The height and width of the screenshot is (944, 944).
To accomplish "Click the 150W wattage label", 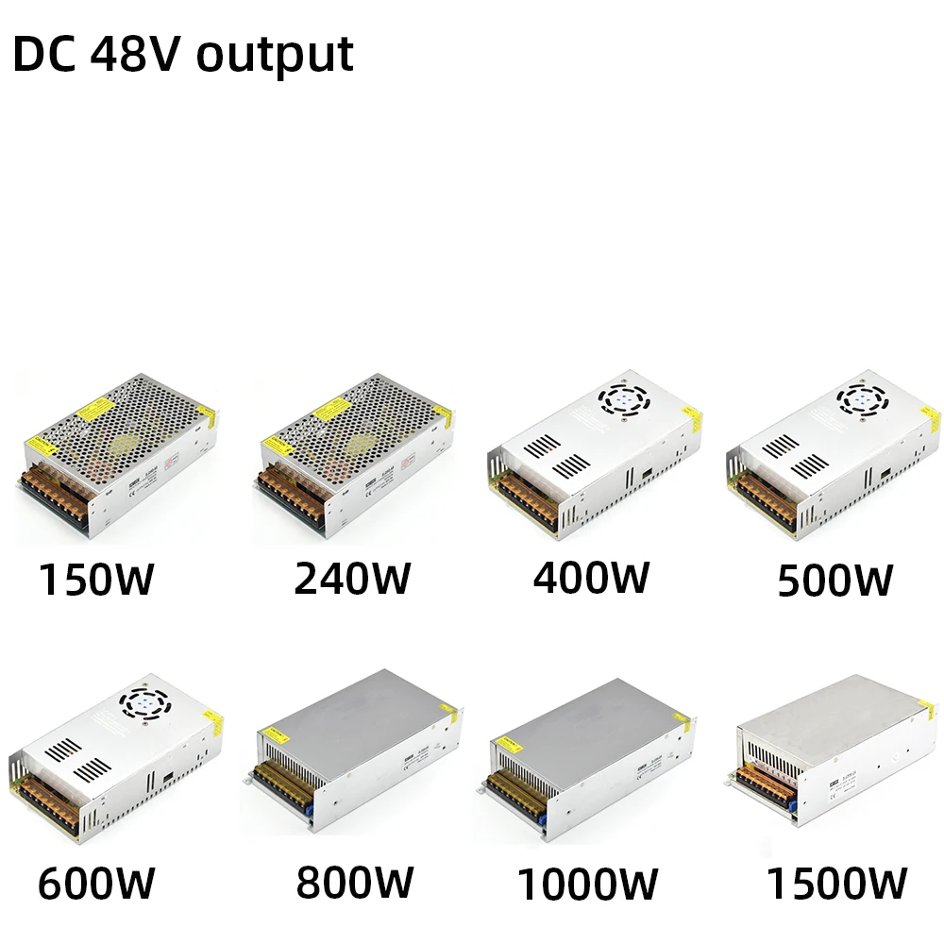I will click(x=95, y=580).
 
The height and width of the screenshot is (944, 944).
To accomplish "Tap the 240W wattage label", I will click(x=352, y=578).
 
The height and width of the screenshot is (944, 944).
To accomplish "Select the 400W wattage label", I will click(x=591, y=577).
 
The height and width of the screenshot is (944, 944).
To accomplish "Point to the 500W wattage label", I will click(x=834, y=580).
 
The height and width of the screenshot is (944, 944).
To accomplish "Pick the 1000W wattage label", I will click(x=587, y=885).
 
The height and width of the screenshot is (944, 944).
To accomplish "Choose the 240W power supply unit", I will click(x=354, y=453).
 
